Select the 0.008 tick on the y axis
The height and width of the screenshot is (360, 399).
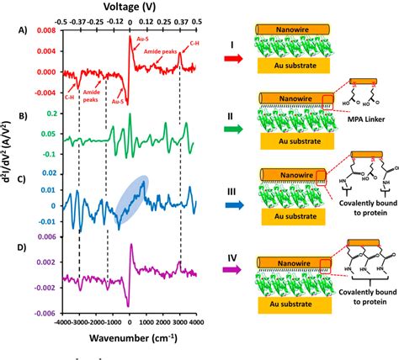pyautogui.click(x=45, y=29)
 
